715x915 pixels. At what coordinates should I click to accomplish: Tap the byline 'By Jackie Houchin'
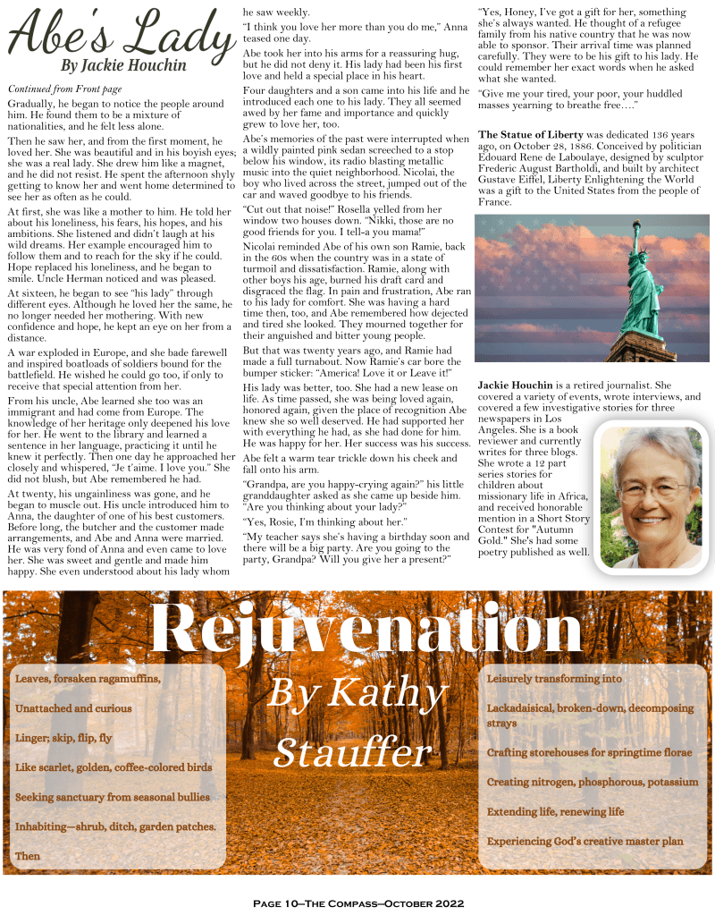(x=123, y=65)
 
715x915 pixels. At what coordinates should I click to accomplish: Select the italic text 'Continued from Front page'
(x=64, y=89)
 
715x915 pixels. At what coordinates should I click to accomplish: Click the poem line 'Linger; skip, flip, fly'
(x=63, y=738)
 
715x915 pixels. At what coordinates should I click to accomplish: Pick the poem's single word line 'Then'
(x=28, y=856)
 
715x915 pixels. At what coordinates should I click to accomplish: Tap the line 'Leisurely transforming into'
(x=554, y=679)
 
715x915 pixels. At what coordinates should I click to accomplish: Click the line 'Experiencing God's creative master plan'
(x=585, y=842)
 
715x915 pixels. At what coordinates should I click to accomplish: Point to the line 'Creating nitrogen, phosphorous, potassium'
(x=593, y=782)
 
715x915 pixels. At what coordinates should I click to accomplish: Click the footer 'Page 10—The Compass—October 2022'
(x=358, y=903)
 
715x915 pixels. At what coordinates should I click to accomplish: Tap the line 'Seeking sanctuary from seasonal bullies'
(x=113, y=797)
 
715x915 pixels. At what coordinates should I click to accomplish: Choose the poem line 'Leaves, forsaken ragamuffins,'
(x=88, y=679)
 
